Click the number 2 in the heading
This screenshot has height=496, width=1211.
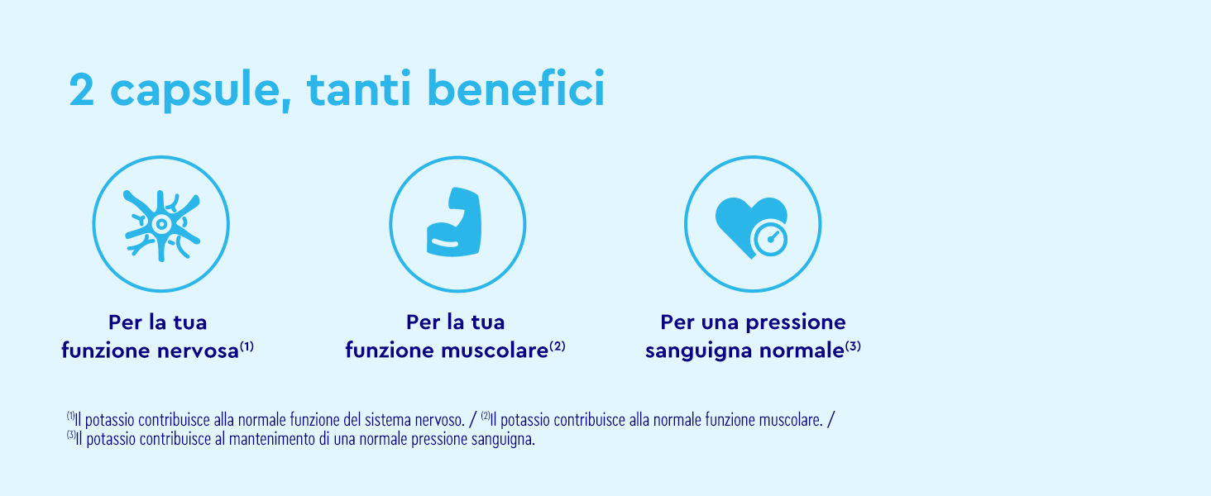pyautogui.click(x=82, y=91)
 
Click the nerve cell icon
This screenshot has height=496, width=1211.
pyautogui.click(x=161, y=224)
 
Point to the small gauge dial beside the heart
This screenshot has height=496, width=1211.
pyautogui.click(x=770, y=240)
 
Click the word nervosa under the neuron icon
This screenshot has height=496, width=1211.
pyautogui.click(x=197, y=351)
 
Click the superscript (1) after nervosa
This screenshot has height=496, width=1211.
pyautogui.click(x=247, y=346)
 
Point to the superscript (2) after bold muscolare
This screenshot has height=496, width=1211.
pyautogui.click(x=558, y=346)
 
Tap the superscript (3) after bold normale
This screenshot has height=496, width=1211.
pyautogui.click(x=853, y=346)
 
